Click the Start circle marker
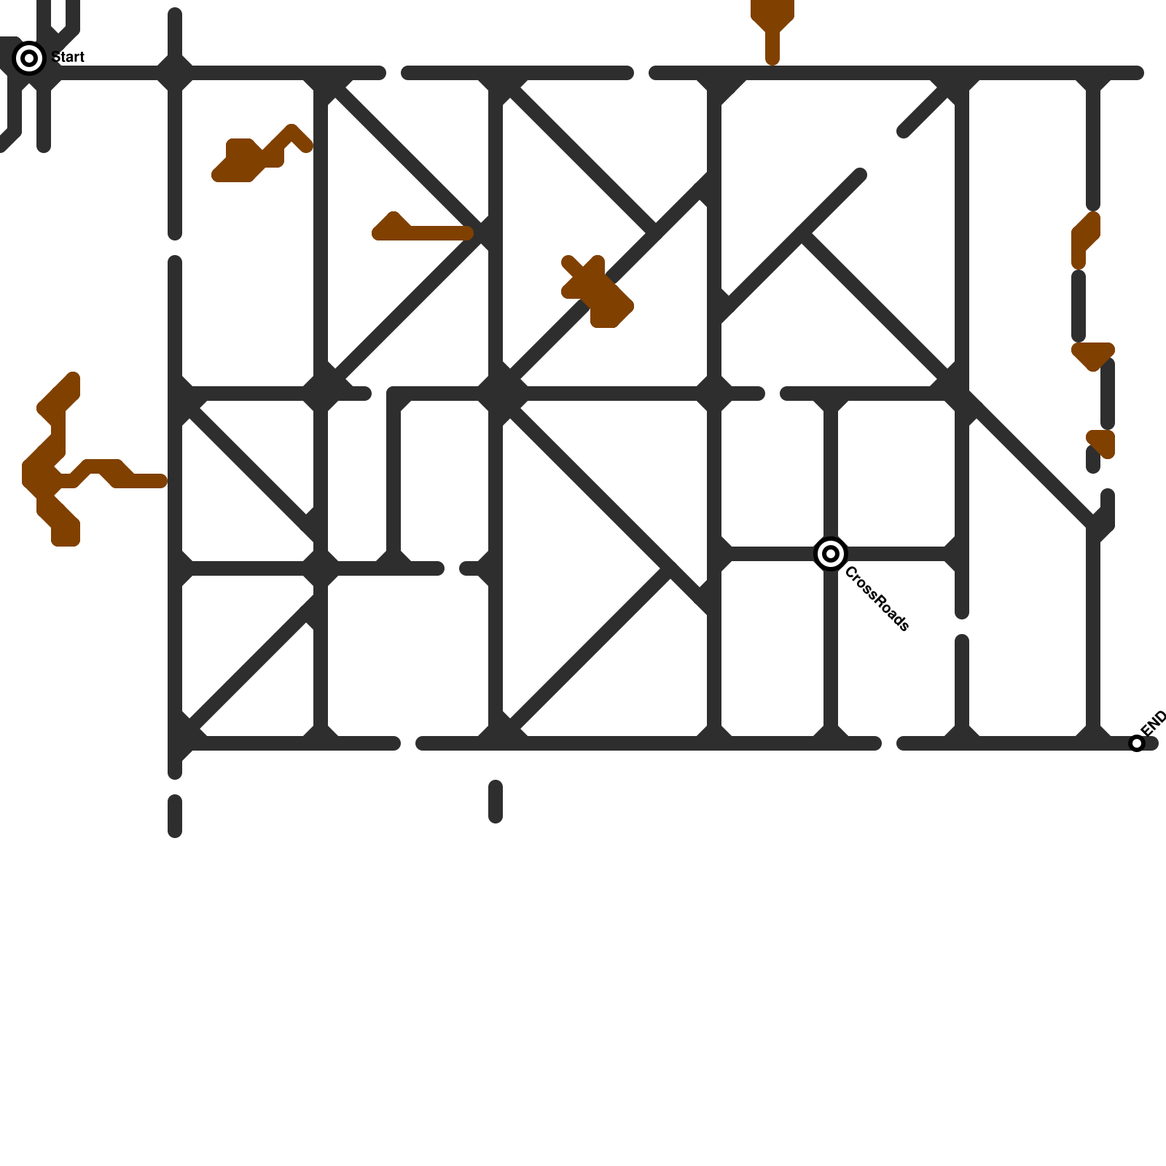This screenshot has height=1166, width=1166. pyautogui.click(x=29, y=58)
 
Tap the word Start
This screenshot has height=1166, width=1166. pyautogui.click(x=69, y=57)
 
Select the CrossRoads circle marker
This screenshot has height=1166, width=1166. pyautogui.click(x=830, y=554)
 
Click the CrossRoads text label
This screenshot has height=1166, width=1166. pyautogui.click(x=877, y=599)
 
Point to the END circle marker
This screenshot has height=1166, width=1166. pyautogui.click(x=1137, y=743)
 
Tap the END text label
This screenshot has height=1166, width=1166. pyautogui.click(x=1154, y=723)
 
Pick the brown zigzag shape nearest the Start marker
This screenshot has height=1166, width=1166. pyautogui.click(x=255, y=157)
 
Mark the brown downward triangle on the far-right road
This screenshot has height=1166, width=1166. pyautogui.click(x=1093, y=356)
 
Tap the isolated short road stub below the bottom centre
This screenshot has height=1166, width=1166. pyautogui.click(x=496, y=802)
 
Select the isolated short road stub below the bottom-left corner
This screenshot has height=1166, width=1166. pyautogui.click(x=175, y=815)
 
